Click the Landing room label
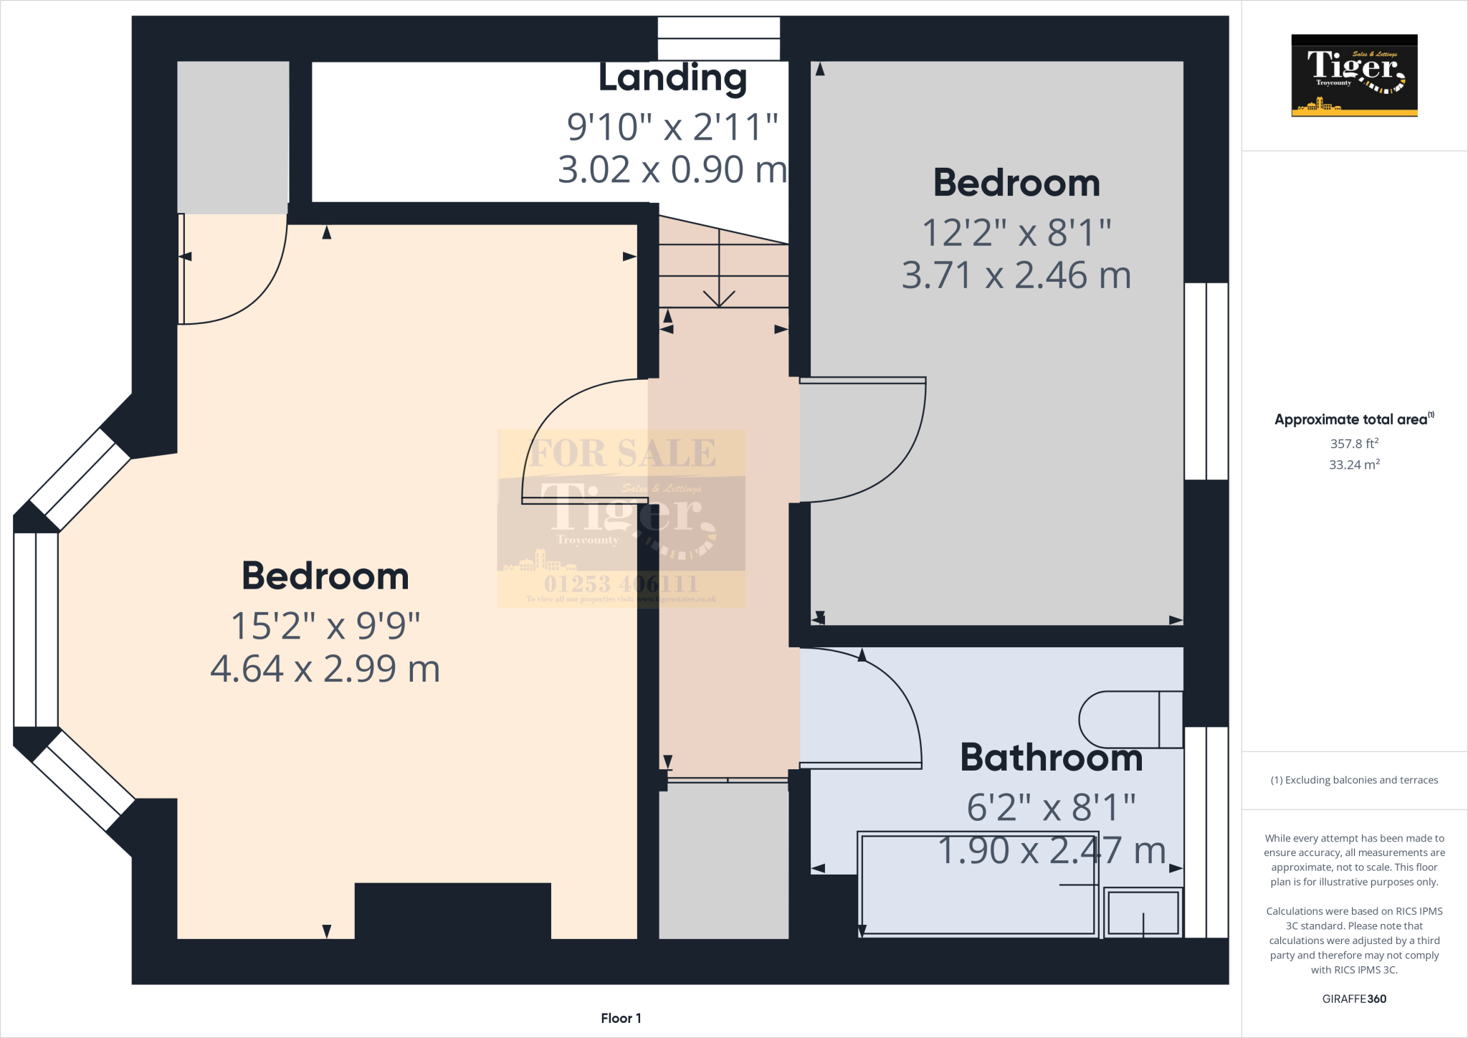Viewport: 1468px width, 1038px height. pyautogui.click(x=672, y=78)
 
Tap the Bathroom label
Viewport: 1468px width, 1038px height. pyautogui.click(x=1051, y=758)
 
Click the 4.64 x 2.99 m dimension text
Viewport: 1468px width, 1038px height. pyautogui.click(x=325, y=669)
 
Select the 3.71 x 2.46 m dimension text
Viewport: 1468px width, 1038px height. pyautogui.click(x=1016, y=275)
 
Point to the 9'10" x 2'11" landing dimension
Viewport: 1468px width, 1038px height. pyautogui.click(x=672, y=127)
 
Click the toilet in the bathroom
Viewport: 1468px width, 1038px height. pyautogui.click(x=1129, y=720)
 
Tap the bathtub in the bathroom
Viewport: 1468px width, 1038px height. pyautogui.click(x=978, y=903)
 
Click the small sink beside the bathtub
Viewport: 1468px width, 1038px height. pyautogui.click(x=1143, y=913)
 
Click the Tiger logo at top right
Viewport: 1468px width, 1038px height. pyautogui.click(x=1354, y=75)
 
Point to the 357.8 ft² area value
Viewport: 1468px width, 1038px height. pyautogui.click(x=1354, y=444)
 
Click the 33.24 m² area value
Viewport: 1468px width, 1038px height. pyautogui.click(x=1354, y=465)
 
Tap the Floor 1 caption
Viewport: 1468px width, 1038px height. pyautogui.click(x=621, y=1018)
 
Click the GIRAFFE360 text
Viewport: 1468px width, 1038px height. pyautogui.click(x=1354, y=999)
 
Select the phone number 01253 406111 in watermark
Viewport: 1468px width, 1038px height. pyautogui.click(x=621, y=584)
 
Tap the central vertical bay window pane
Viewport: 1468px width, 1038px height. pyautogui.click(x=36, y=629)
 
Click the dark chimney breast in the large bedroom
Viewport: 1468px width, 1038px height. pyautogui.click(x=452, y=910)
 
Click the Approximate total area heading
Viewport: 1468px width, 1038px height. pyautogui.click(x=1351, y=420)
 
